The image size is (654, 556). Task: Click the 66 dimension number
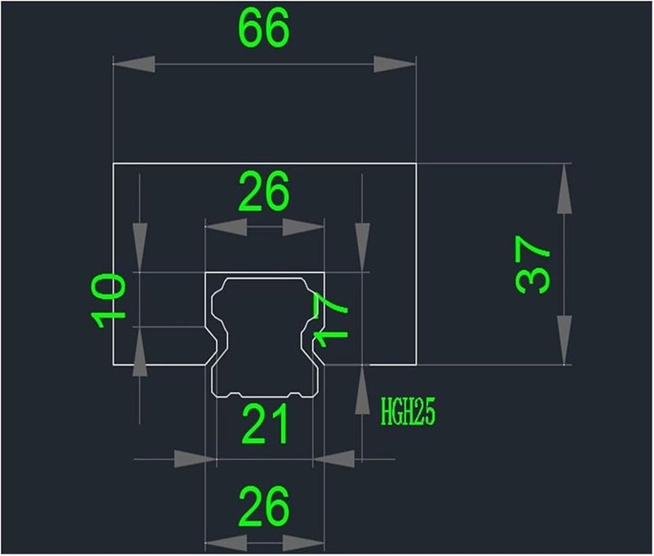pyautogui.click(x=263, y=30)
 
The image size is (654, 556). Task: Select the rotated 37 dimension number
pyautogui.click(x=534, y=264)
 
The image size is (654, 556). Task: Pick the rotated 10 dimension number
pyautogui.click(x=109, y=300)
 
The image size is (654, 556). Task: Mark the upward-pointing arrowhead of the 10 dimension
pyautogui.click(x=140, y=352)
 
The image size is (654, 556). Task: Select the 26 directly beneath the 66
pyautogui.click(x=264, y=194)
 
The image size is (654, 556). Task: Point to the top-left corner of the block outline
pyautogui.click(x=112, y=164)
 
